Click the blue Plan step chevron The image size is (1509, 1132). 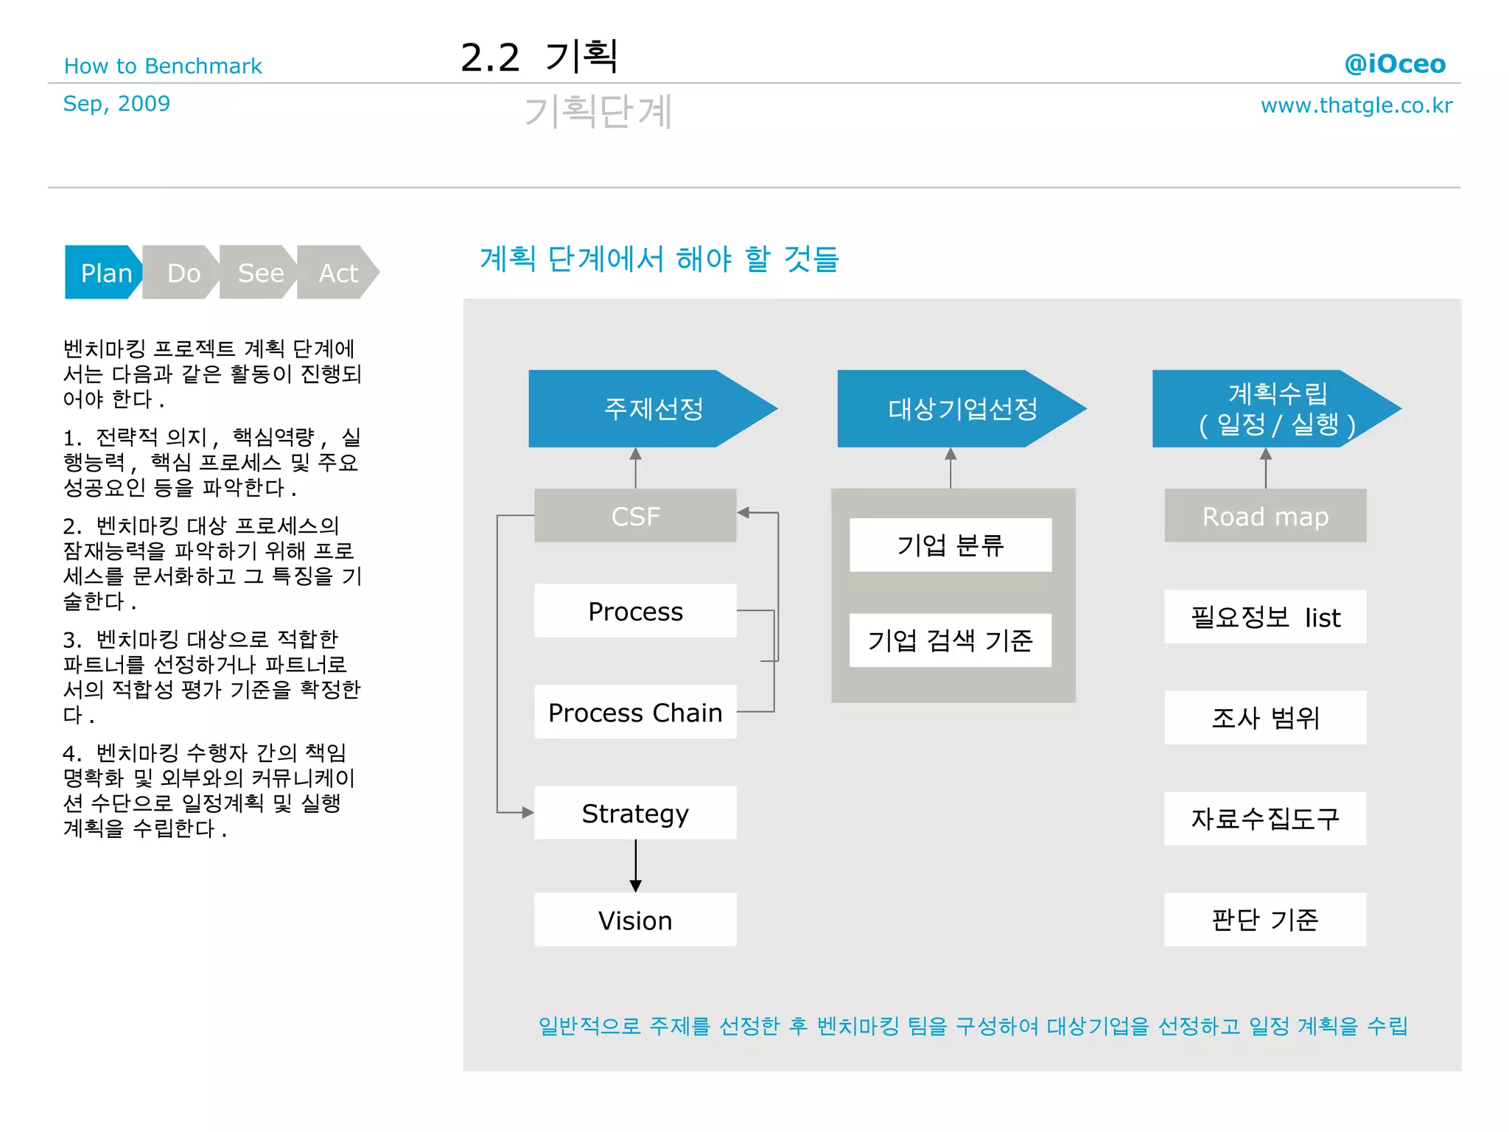104,273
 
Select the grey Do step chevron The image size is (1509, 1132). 182,273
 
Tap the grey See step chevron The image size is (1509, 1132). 259,273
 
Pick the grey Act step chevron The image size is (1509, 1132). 338,273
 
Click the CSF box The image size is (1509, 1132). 635,516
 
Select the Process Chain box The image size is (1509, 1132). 635,712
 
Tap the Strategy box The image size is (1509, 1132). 635,813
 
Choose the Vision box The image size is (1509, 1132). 635,920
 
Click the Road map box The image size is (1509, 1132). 1265,516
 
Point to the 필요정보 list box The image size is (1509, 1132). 1265,617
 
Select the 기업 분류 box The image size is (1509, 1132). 950,545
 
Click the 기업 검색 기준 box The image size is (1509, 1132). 950,640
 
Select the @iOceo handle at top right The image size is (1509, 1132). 1395,64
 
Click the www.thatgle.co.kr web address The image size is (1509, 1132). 1356,105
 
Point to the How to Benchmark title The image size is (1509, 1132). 163,66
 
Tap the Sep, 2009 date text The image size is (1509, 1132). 116,104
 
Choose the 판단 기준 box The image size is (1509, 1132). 1265,920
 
